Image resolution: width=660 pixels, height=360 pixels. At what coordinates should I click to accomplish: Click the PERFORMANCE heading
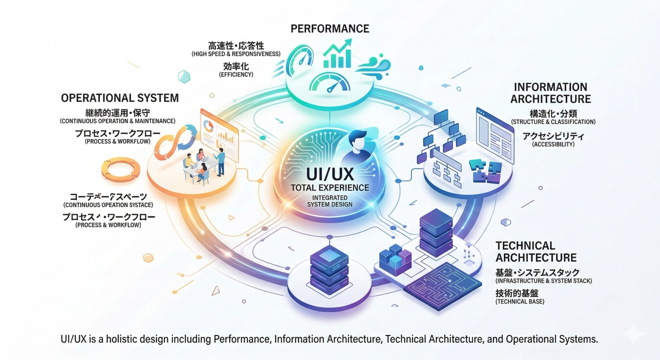coord(330,29)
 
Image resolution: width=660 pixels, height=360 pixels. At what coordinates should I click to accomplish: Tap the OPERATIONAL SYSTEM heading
coord(120,98)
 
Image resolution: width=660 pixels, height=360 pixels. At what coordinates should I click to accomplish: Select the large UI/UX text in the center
coord(330,174)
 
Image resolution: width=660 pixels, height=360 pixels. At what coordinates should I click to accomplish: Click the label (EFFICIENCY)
coord(236,75)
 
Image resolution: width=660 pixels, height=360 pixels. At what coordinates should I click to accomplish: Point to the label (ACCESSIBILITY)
coord(553,144)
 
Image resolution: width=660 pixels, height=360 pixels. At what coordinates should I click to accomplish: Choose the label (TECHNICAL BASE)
coord(520,302)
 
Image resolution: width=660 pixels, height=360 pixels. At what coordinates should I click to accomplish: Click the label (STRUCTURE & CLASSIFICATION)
coord(553,122)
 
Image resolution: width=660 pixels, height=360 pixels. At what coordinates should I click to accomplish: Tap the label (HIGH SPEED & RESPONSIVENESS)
coord(236,54)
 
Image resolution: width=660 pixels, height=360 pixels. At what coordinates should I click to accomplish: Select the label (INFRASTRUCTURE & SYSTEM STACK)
coord(543,281)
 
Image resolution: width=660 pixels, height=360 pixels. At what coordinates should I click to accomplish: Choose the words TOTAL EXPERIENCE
coord(330,188)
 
